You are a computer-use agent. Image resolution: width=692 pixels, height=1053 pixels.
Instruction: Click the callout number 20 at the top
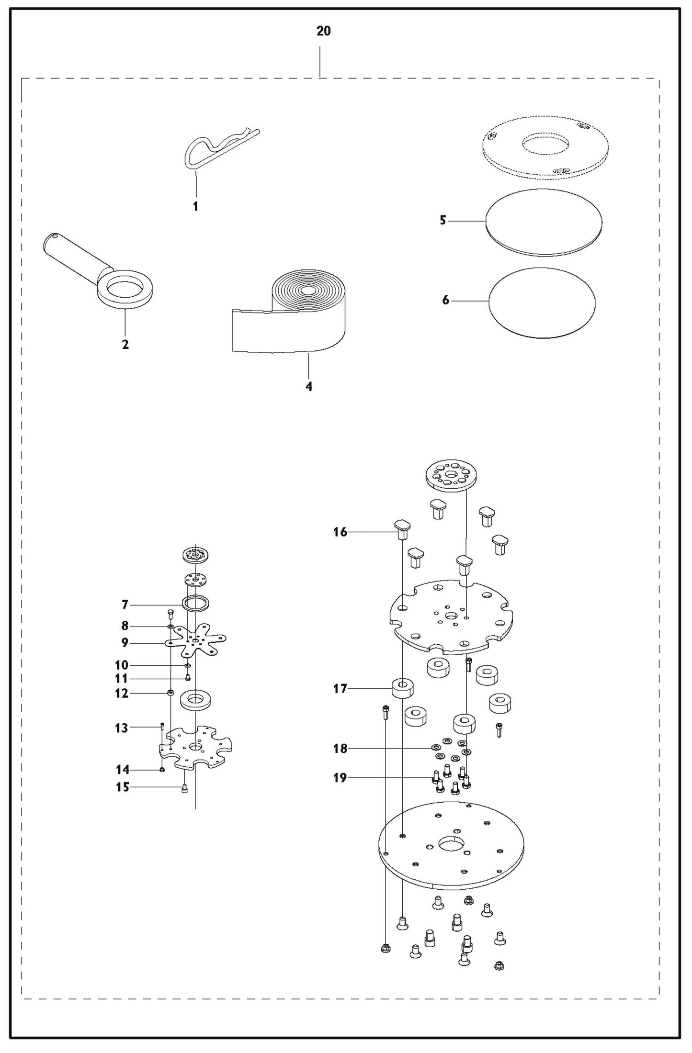click(x=323, y=31)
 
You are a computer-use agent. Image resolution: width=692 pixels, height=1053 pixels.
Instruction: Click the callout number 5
click(x=443, y=221)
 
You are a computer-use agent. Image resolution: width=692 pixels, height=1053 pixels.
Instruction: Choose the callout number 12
click(x=122, y=693)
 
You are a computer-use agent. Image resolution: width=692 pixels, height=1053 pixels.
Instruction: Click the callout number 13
click(x=122, y=728)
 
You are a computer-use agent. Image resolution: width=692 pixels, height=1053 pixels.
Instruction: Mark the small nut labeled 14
click(x=162, y=770)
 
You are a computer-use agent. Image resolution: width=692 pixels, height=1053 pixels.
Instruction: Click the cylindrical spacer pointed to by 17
click(x=403, y=689)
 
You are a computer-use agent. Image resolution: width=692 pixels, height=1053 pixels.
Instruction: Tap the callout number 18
click(x=340, y=749)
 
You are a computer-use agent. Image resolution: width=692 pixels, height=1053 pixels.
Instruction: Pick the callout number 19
click(x=340, y=778)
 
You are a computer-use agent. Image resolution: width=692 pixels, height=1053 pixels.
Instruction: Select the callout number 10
click(x=122, y=665)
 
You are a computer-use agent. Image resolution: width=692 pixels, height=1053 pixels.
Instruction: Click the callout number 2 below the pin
click(x=125, y=345)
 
